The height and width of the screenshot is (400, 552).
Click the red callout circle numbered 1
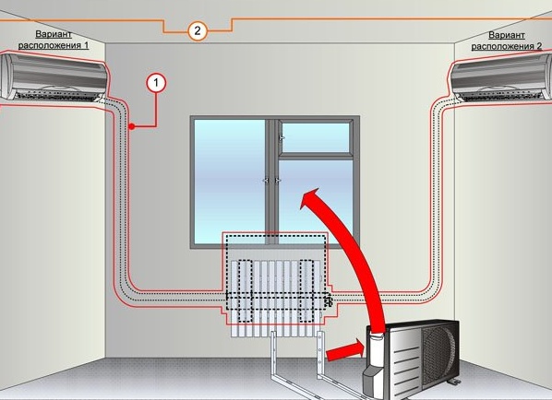point(156,83)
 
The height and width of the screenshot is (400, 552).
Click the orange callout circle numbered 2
point(198,31)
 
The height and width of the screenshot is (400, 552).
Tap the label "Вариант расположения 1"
point(54,40)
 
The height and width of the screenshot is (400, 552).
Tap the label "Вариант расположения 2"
point(507,41)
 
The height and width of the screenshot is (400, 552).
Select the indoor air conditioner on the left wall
point(54,77)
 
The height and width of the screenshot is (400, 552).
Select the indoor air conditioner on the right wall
point(500,78)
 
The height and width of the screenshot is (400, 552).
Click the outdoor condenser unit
point(412,358)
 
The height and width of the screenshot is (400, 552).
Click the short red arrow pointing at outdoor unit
point(345,351)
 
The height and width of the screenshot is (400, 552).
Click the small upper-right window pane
point(316,137)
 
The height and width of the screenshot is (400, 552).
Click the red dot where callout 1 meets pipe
point(132,126)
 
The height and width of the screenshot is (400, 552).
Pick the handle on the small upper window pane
point(282,138)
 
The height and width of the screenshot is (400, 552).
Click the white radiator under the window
point(276,298)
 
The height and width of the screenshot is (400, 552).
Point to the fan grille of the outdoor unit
point(439,355)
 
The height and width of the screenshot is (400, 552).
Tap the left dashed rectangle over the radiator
point(245,291)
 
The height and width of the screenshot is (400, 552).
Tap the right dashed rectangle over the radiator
point(306,291)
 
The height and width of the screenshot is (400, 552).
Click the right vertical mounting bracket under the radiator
point(320,355)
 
